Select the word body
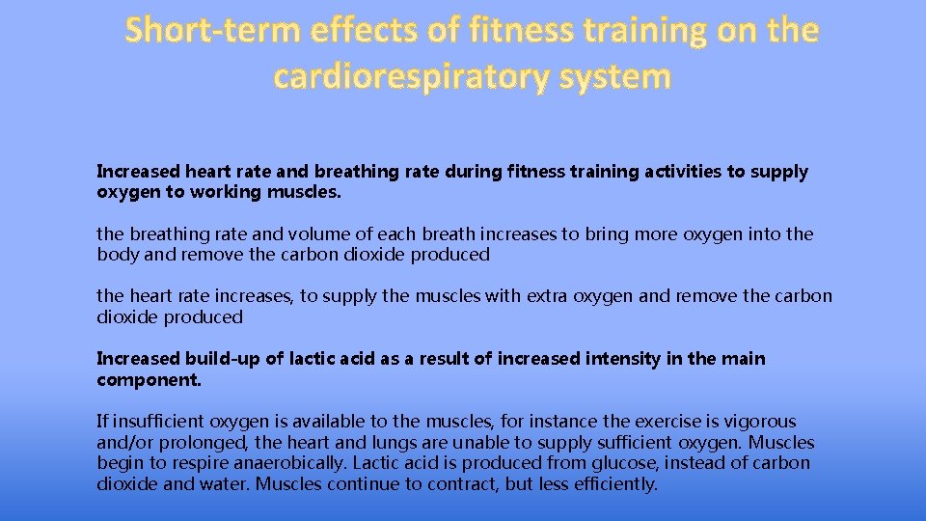click(x=116, y=255)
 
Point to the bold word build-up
click(x=222, y=359)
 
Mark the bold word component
click(x=149, y=379)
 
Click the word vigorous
click(x=762, y=422)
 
